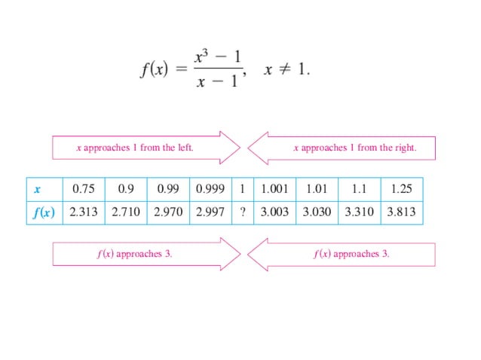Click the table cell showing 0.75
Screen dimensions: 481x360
[83, 189]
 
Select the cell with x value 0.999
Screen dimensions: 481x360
[210, 189]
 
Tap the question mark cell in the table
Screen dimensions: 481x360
[242, 212]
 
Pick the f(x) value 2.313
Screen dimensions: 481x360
[84, 212]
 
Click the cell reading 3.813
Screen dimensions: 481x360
[401, 212]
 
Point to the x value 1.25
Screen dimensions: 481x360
[402, 189]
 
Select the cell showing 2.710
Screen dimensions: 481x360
[126, 212]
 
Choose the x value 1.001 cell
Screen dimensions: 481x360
[274, 189]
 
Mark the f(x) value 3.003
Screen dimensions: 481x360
[274, 212]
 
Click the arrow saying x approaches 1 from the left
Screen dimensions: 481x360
[143, 148]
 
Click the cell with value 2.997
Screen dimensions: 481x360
[210, 212]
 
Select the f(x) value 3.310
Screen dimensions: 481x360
[359, 212]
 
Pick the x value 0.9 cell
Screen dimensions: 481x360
[125, 189]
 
